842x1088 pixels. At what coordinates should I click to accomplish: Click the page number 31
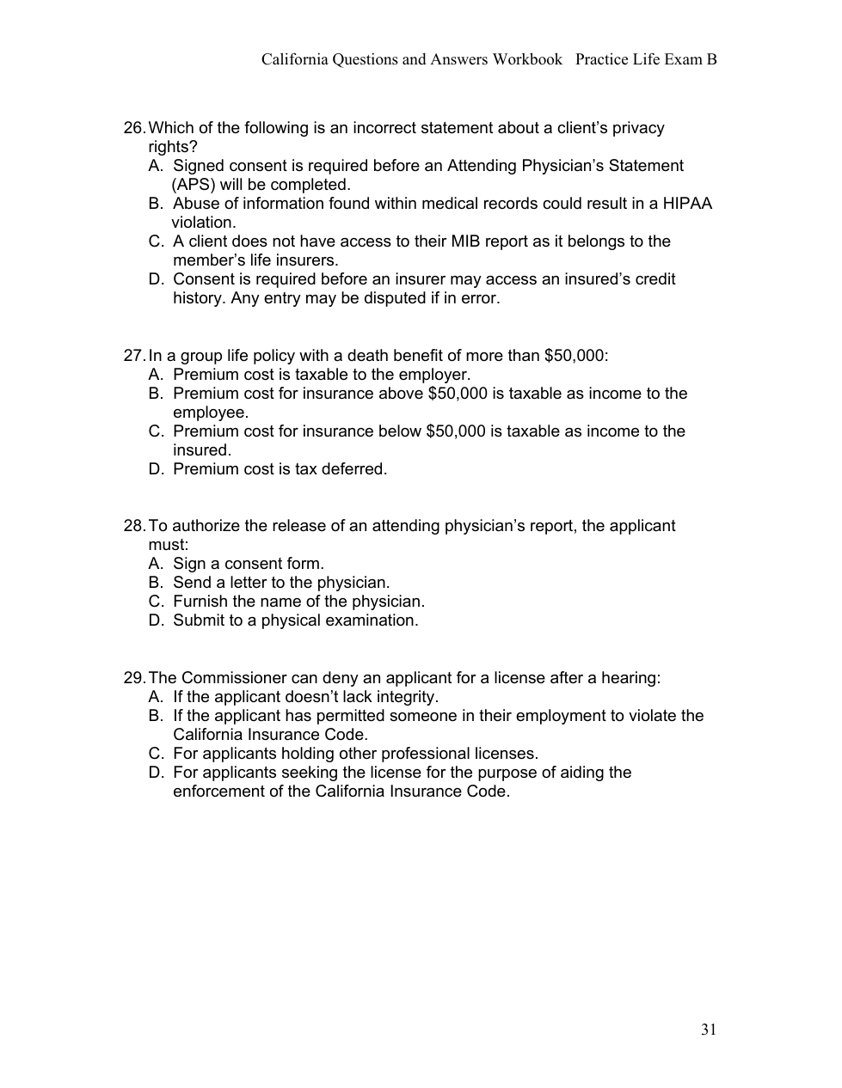709,1030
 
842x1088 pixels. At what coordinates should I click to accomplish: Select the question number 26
134,128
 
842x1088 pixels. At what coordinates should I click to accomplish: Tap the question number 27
134,356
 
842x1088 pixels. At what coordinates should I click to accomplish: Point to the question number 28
134,526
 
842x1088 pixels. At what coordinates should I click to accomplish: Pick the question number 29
134,678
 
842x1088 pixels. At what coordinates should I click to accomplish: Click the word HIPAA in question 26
687,204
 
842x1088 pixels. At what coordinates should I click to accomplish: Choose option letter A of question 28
156,564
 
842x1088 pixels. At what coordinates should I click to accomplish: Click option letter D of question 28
156,620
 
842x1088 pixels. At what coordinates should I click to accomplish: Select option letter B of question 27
156,394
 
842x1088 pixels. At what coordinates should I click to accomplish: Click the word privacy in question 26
634,128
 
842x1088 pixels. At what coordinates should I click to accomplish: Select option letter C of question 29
156,754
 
